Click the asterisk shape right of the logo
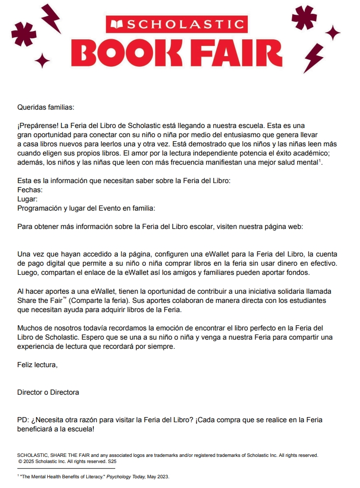[304, 18]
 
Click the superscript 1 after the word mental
[319, 161]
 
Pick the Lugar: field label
[28, 199]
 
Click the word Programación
[40, 208]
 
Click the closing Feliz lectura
[37, 365]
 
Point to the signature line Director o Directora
[48, 392]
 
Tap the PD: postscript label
[23, 420]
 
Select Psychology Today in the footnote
[125, 476]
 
